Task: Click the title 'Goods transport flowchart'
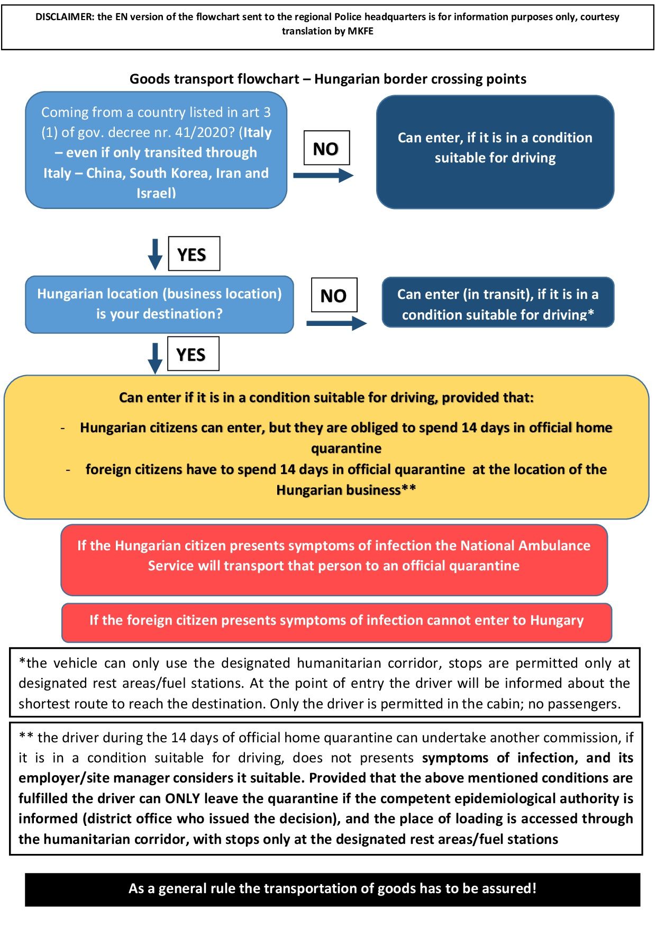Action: [x=214, y=79]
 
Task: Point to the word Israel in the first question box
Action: [x=154, y=193]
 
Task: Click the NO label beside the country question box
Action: [x=326, y=149]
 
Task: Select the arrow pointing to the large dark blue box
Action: [x=323, y=175]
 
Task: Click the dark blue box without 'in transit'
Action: [x=495, y=152]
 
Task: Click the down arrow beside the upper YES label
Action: [x=155, y=254]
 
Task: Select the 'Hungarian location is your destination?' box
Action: [x=159, y=304]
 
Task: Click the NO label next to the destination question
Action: [x=333, y=295]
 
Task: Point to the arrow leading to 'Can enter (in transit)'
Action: [x=336, y=323]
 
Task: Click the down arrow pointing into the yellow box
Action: [x=155, y=358]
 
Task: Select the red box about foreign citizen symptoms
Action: [x=336, y=622]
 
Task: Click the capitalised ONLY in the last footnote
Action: [x=183, y=798]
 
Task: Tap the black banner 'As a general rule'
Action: [x=332, y=889]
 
